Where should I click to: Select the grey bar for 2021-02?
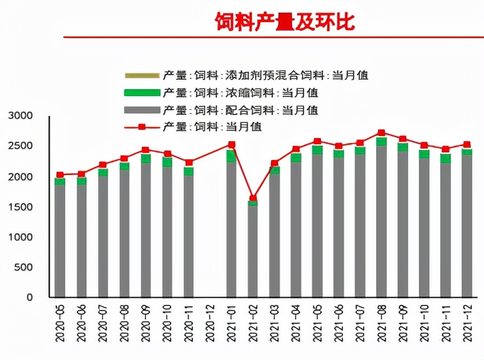click(253, 251)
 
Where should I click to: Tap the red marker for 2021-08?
click(381, 133)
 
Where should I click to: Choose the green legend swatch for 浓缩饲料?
click(142, 93)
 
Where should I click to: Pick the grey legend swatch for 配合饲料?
click(142, 110)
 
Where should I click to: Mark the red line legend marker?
click(142, 127)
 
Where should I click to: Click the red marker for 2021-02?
click(253, 198)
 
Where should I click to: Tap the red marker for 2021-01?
click(231, 145)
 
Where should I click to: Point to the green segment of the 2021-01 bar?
click(231, 156)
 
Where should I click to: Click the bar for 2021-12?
click(467, 226)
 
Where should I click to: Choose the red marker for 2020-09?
click(145, 150)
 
